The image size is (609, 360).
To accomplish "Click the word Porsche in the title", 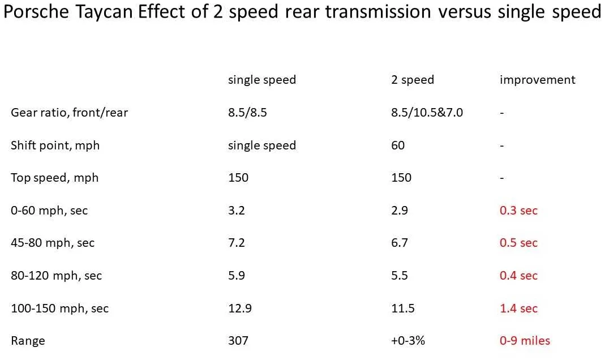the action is coord(36,12).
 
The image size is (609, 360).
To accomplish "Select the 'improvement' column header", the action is coord(538,80).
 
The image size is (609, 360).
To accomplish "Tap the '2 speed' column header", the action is coord(413,80).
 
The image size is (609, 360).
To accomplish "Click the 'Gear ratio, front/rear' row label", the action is coord(69,113).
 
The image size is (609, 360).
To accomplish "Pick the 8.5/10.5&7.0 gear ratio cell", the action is coord(427,113).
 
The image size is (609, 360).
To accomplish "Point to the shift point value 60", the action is coord(398,145).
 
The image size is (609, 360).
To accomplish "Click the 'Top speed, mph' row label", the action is coord(54,178).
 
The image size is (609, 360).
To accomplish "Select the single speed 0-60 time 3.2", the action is coord(236,211).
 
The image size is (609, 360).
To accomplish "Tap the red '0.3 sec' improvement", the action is coord(518,211).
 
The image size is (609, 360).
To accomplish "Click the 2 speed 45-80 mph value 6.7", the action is coord(399,243).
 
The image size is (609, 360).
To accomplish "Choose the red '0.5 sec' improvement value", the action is coord(518,243).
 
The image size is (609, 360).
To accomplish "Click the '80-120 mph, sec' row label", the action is coord(57,276).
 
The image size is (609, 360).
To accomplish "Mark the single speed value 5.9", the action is coord(236,275).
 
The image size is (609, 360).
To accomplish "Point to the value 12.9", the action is coord(239,308).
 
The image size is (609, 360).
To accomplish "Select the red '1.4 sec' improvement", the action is coord(518,308).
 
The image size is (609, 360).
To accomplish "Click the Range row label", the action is coord(28,341).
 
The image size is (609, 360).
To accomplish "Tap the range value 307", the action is coord(238,341).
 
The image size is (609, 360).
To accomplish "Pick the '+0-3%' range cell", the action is coord(408,341).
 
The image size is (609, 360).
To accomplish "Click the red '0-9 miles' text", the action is coord(525,341).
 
